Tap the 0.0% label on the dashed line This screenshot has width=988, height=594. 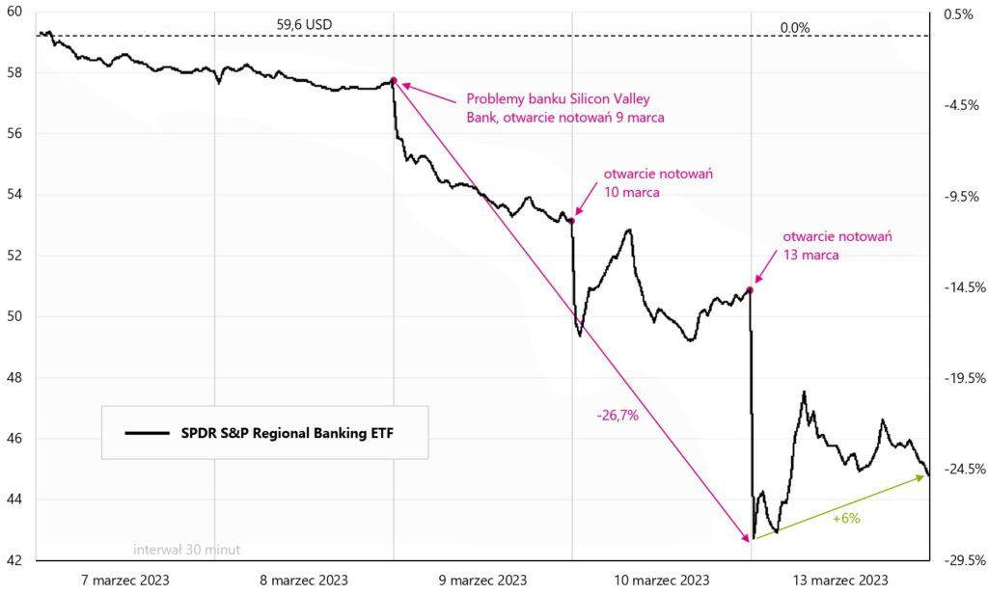794,27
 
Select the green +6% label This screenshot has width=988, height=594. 845,518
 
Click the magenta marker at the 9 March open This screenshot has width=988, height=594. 393,80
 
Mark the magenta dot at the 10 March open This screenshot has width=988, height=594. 571,221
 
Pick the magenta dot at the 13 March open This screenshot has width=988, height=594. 750,289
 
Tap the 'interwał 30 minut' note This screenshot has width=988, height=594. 187,550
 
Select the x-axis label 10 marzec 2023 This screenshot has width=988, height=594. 662,580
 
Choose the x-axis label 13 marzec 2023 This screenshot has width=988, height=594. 840,580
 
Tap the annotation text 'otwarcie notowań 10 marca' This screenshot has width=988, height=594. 651,183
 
